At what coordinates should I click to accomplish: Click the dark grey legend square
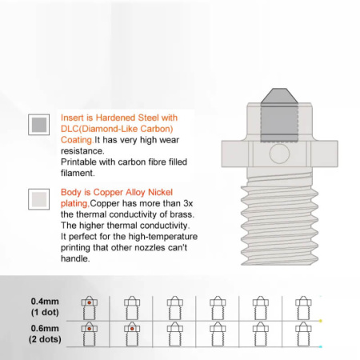coord(39,125)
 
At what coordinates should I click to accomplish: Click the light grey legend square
coord(39,199)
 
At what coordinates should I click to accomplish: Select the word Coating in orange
coord(77,140)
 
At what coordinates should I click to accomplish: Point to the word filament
coord(78,173)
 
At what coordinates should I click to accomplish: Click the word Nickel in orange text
coord(160,192)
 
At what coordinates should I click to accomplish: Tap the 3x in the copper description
coord(188,203)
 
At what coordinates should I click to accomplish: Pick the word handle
coord(75,258)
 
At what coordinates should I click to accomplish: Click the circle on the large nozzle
coord(279,154)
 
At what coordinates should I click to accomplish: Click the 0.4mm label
coord(45,302)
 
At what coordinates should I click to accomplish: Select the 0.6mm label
coord(45,328)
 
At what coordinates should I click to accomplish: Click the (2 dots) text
coord(45,339)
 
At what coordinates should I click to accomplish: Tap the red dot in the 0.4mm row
coord(90,302)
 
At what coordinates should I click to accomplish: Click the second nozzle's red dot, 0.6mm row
coord(132,329)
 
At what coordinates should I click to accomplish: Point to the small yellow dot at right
coord(321,321)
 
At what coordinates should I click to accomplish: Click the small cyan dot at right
coord(321,346)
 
